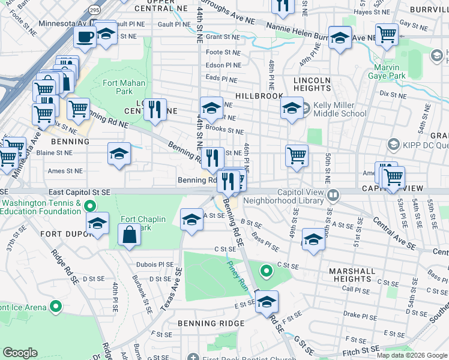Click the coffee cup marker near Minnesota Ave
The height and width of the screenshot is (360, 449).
(x=85, y=36)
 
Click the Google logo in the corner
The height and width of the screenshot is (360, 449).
(x=20, y=353)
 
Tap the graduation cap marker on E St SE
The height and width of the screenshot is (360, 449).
(x=267, y=302)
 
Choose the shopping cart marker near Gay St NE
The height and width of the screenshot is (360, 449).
(x=387, y=34)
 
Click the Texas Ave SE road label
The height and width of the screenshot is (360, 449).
(x=171, y=289)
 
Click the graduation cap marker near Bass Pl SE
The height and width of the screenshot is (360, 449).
(x=313, y=239)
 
